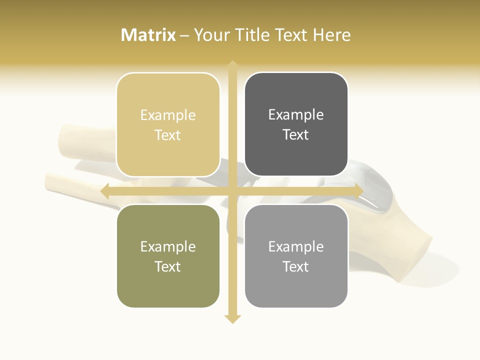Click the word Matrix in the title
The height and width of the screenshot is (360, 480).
pyautogui.click(x=148, y=35)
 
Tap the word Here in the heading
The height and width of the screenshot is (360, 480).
pyautogui.click(x=331, y=35)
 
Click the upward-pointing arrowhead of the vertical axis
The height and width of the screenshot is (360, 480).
pyautogui.click(x=232, y=64)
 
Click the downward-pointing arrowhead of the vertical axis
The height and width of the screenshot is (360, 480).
pyautogui.click(x=232, y=319)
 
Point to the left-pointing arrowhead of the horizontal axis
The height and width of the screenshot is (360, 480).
pyautogui.click(x=105, y=191)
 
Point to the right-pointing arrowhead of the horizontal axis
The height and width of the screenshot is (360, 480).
pyautogui.click(x=358, y=191)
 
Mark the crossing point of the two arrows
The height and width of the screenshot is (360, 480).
pyautogui.click(x=232, y=191)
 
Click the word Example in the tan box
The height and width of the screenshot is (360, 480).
pyautogui.click(x=168, y=115)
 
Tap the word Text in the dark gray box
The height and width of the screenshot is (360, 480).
pyautogui.click(x=296, y=135)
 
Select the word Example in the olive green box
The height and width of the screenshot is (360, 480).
pyautogui.click(x=168, y=247)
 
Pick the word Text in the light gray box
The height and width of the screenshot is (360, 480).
pyautogui.click(x=296, y=266)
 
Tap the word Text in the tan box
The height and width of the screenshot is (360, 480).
pyautogui.click(x=168, y=135)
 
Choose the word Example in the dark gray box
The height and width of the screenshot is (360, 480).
pyautogui.click(x=296, y=115)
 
